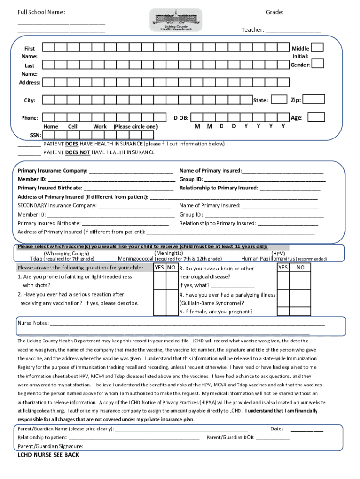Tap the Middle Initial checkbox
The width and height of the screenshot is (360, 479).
point(317,47)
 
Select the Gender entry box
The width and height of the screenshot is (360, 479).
point(317,64)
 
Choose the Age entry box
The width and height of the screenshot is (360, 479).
point(317,117)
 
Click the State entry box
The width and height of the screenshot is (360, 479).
point(279,99)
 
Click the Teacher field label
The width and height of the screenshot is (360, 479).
point(252,30)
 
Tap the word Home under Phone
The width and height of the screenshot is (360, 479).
point(50,126)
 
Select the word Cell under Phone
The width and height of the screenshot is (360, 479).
point(73,126)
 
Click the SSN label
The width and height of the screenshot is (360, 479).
point(36,135)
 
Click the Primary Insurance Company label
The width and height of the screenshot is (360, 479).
point(52,171)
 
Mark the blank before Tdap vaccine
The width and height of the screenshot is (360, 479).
point(23,259)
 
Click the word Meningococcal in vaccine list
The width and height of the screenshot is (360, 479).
point(136,259)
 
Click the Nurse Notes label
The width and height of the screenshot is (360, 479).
point(33,323)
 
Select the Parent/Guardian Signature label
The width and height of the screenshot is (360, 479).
point(50,446)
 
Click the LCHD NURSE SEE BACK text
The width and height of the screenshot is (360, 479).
point(48,455)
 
